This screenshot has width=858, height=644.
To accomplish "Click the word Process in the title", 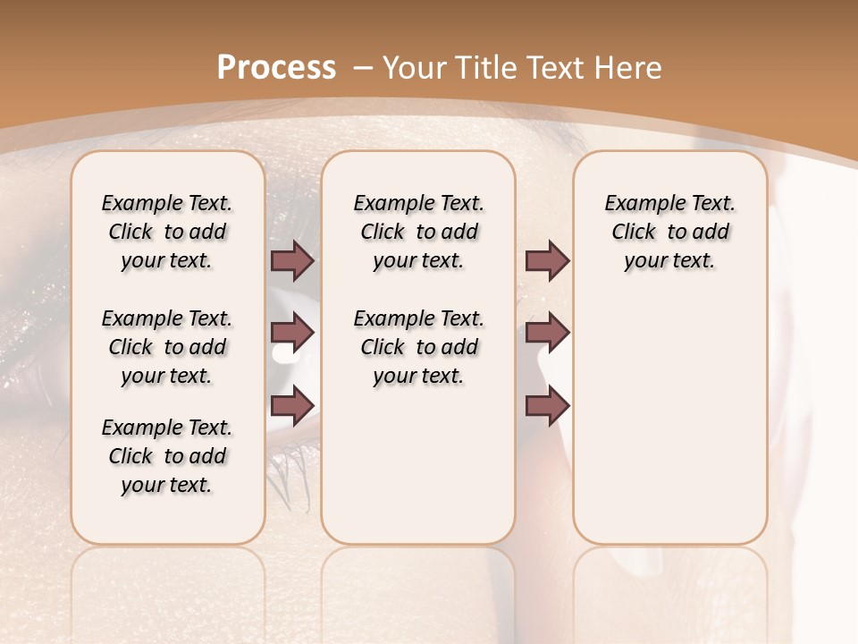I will click(x=276, y=67).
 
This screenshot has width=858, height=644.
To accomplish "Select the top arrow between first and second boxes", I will click(x=292, y=260).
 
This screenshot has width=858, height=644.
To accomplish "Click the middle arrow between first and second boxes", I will click(x=292, y=333).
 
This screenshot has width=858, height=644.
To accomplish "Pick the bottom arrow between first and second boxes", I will click(x=292, y=406).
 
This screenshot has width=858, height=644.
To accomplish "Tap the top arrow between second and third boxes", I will click(x=547, y=260).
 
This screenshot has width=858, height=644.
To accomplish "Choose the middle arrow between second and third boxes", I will click(x=547, y=333).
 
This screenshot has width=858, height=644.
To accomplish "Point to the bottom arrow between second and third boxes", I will click(x=547, y=406).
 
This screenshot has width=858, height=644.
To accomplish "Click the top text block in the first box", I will click(x=167, y=232).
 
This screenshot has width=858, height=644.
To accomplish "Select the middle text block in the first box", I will click(x=167, y=347).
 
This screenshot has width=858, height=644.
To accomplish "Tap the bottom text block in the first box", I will click(x=167, y=456).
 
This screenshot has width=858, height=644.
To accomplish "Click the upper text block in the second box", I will click(x=418, y=232).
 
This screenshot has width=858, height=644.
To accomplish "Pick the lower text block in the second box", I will click(x=418, y=347).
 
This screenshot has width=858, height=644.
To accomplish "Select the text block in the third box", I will click(x=670, y=232).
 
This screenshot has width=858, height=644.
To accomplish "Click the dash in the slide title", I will click(x=363, y=67).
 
